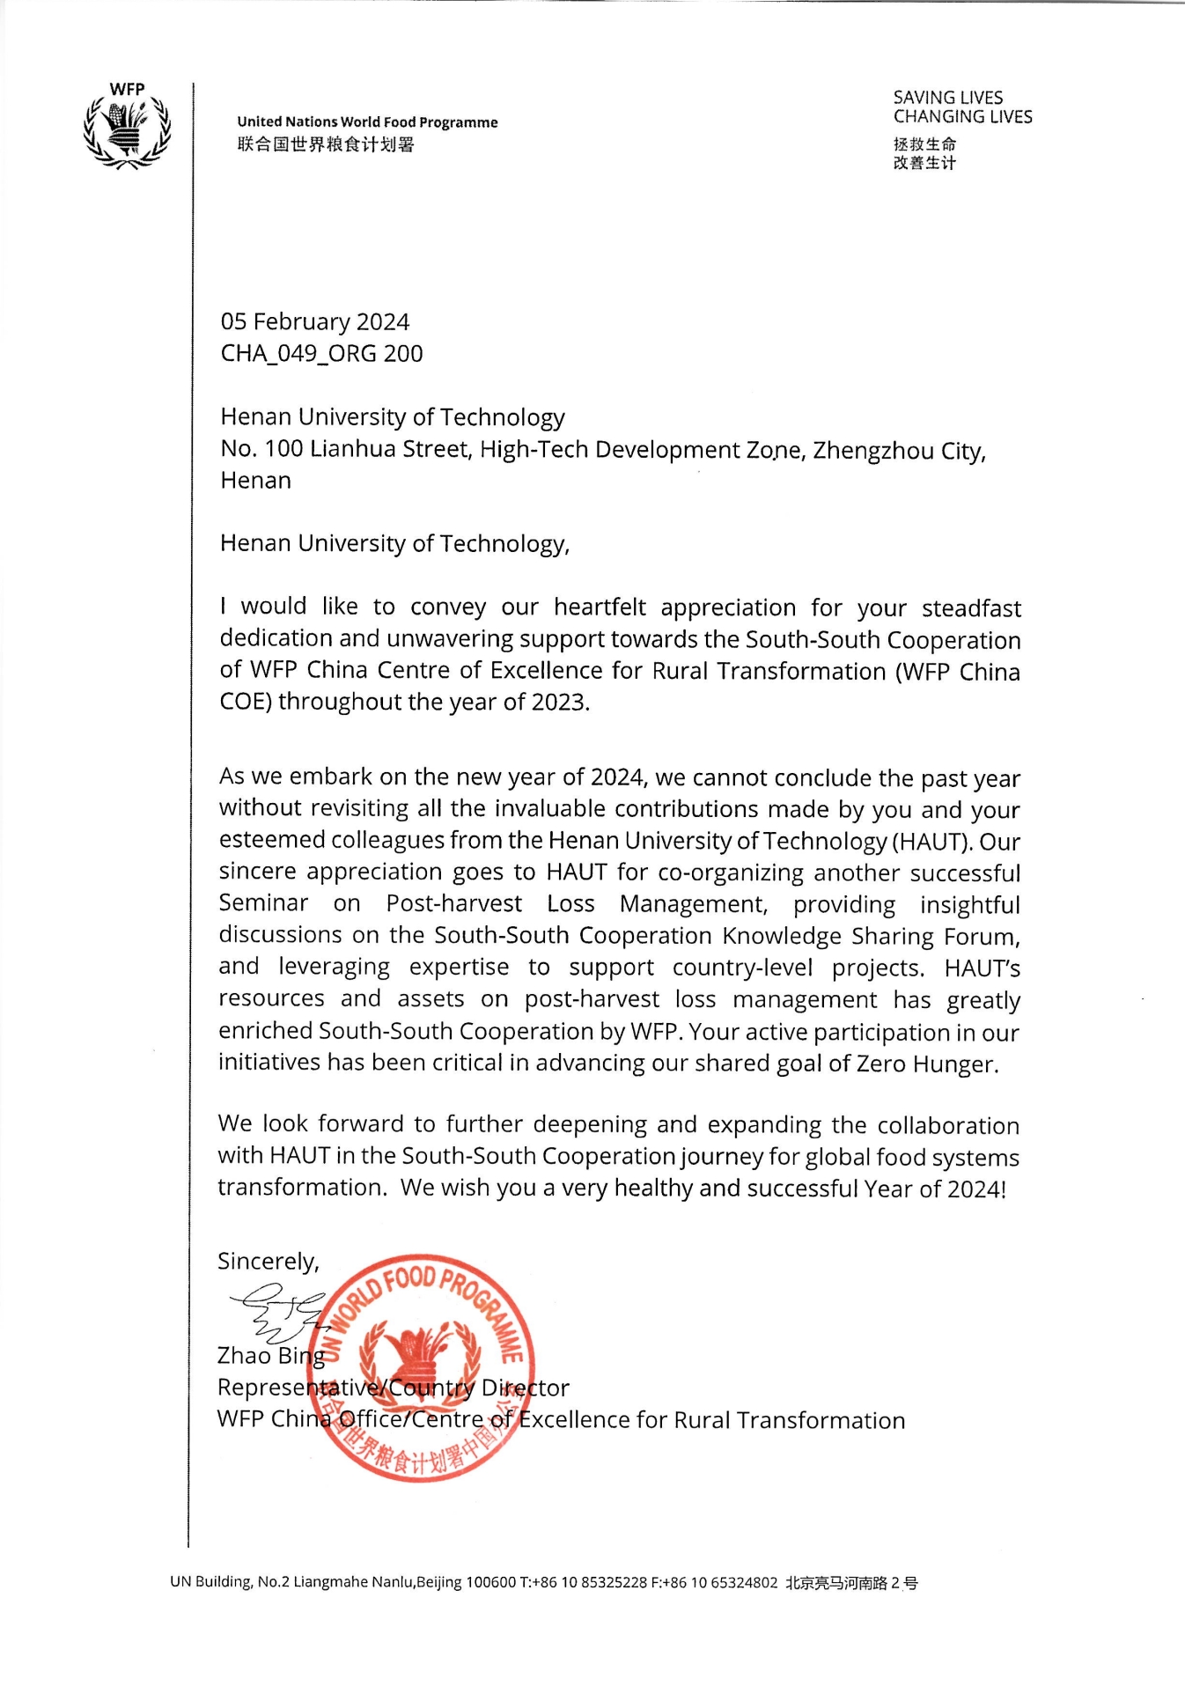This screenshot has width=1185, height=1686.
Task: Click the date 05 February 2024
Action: click(x=314, y=322)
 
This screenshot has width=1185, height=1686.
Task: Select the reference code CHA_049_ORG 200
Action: click(x=321, y=354)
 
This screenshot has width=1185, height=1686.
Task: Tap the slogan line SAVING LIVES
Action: click(x=947, y=98)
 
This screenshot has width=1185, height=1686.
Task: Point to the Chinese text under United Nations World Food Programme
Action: click(x=325, y=144)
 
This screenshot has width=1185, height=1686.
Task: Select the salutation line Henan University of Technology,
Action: click(x=394, y=543)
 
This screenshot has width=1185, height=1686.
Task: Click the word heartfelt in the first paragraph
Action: click(x=600, y=607)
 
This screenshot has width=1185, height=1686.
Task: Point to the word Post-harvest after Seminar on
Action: click(x=453, y=904)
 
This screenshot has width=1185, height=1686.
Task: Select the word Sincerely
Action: click(x=268, y=1262)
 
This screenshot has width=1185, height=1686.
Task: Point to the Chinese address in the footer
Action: click(x=851, y=1583)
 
